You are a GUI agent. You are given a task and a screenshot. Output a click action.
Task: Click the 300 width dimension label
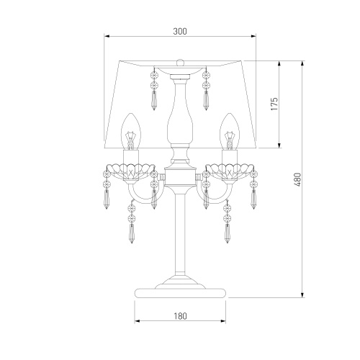[180, 32]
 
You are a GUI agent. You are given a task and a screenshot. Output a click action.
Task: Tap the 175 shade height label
[274, 104]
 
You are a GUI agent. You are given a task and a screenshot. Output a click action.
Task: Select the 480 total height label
[297, 179]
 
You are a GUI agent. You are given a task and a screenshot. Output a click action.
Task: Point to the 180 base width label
[180, 316]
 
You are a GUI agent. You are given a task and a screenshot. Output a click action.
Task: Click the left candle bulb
[131, 132]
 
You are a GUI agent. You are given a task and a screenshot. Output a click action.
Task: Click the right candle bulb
[230, 132]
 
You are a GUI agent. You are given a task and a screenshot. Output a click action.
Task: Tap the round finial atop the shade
[180, 63]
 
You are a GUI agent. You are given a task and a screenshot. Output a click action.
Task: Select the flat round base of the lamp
[180, 293]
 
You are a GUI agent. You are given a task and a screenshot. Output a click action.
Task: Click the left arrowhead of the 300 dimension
[107, 37]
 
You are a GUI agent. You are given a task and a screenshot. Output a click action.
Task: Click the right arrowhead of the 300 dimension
[253, 37]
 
